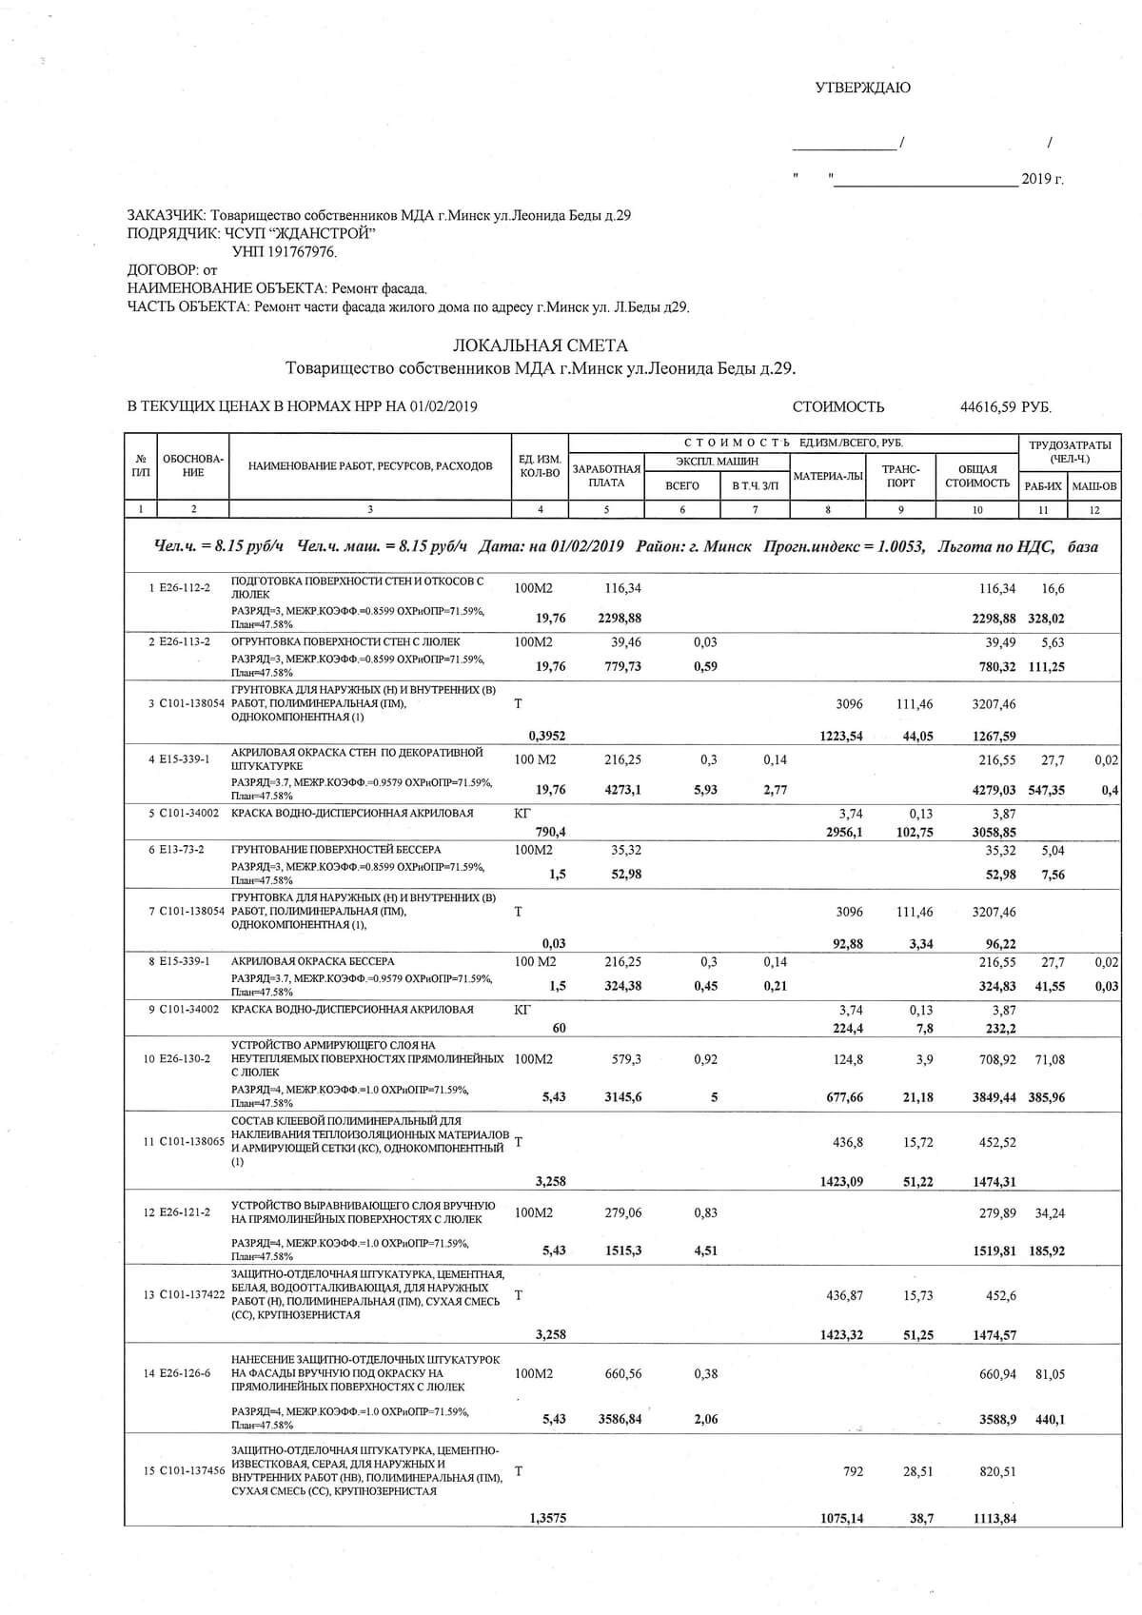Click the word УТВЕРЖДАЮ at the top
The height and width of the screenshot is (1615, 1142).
click(x=862, y=89)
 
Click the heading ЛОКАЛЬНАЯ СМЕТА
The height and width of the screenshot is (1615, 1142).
click(x=540, y=345)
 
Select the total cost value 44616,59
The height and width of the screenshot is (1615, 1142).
click(x=989, y=407)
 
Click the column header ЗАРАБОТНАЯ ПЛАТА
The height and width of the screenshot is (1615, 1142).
click(x=606, y=476)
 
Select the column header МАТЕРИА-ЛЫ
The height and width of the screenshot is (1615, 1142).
click(x=828, y=476)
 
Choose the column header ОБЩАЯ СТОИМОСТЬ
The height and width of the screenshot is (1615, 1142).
click(x=977, y=476)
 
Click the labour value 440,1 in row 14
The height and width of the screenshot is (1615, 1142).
click(x=1050, y=1419)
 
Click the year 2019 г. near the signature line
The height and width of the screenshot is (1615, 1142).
click(x=1042, y=179)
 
